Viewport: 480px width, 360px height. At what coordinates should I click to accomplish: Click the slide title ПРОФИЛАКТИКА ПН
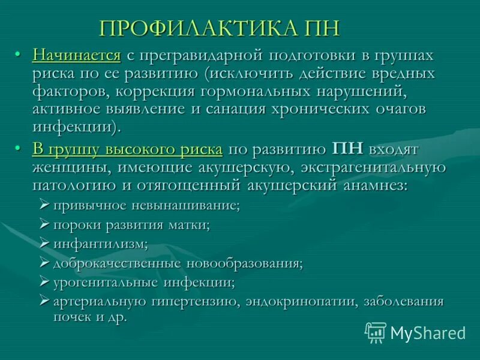pyautogui.click(x=220, y=28)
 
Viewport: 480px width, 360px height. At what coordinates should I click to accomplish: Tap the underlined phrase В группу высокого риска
pyautogui.click(x=127, y=149)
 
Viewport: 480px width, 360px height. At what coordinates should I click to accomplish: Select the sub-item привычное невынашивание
pyautogui.click(x=146, y=205)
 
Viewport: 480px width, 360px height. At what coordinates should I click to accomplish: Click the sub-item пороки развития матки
pyautogui.click(x=131, y=224)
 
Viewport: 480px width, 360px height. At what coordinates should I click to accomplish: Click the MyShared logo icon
pyautogui.click(x=376, y=332)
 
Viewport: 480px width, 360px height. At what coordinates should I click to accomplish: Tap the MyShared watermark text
pyautogui.click(x=428, y=332)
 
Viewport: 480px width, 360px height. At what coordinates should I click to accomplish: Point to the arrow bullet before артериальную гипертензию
pyautogui.click(x=44, y=301)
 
